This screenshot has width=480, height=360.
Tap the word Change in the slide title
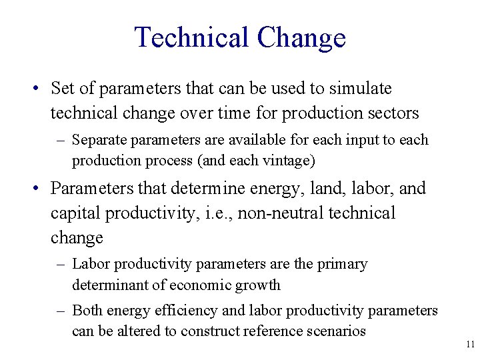(301, 37)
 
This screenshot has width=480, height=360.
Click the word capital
(75, 213)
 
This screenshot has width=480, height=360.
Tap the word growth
(259, 285)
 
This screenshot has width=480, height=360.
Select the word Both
(87, 311)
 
